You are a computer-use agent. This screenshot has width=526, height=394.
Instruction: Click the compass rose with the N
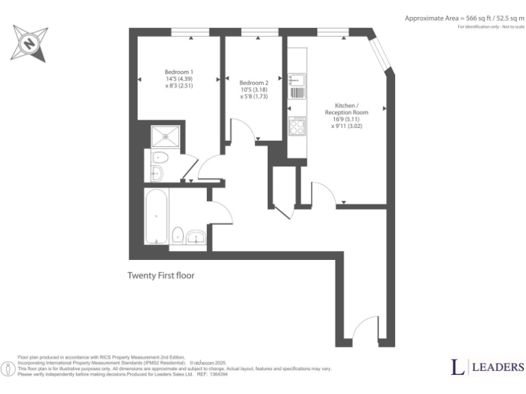point(29,43)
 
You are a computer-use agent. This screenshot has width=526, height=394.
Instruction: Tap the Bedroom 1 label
point(179,73)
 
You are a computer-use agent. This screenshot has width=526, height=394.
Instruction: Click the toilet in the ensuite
point(159,157)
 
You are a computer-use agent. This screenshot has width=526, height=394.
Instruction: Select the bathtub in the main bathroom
point(156,216)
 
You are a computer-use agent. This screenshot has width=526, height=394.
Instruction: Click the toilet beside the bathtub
point(177,235)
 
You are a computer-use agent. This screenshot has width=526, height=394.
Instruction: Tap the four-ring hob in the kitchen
point(298,127)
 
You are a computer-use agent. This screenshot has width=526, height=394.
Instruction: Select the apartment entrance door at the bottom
point(364,330)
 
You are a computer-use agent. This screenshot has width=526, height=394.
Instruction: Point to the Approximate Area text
point(464,18)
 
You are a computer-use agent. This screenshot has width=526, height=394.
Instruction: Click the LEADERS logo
point(487,367)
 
